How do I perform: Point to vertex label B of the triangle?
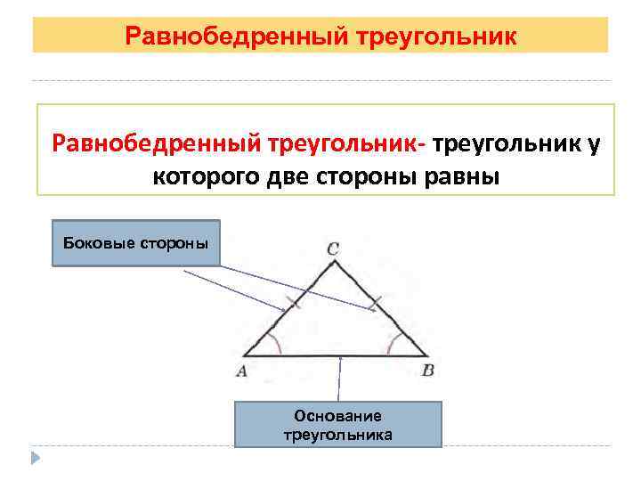(x=428, y=370)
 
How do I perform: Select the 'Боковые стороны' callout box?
(x=136, y=243)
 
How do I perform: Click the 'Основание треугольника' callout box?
(x=337, y=424)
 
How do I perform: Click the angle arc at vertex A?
(x=277, y=345)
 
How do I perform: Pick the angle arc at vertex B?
(x=392, y=343)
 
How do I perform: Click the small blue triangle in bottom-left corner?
(x=36, y=460)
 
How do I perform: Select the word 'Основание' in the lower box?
(x=337, y=416)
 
